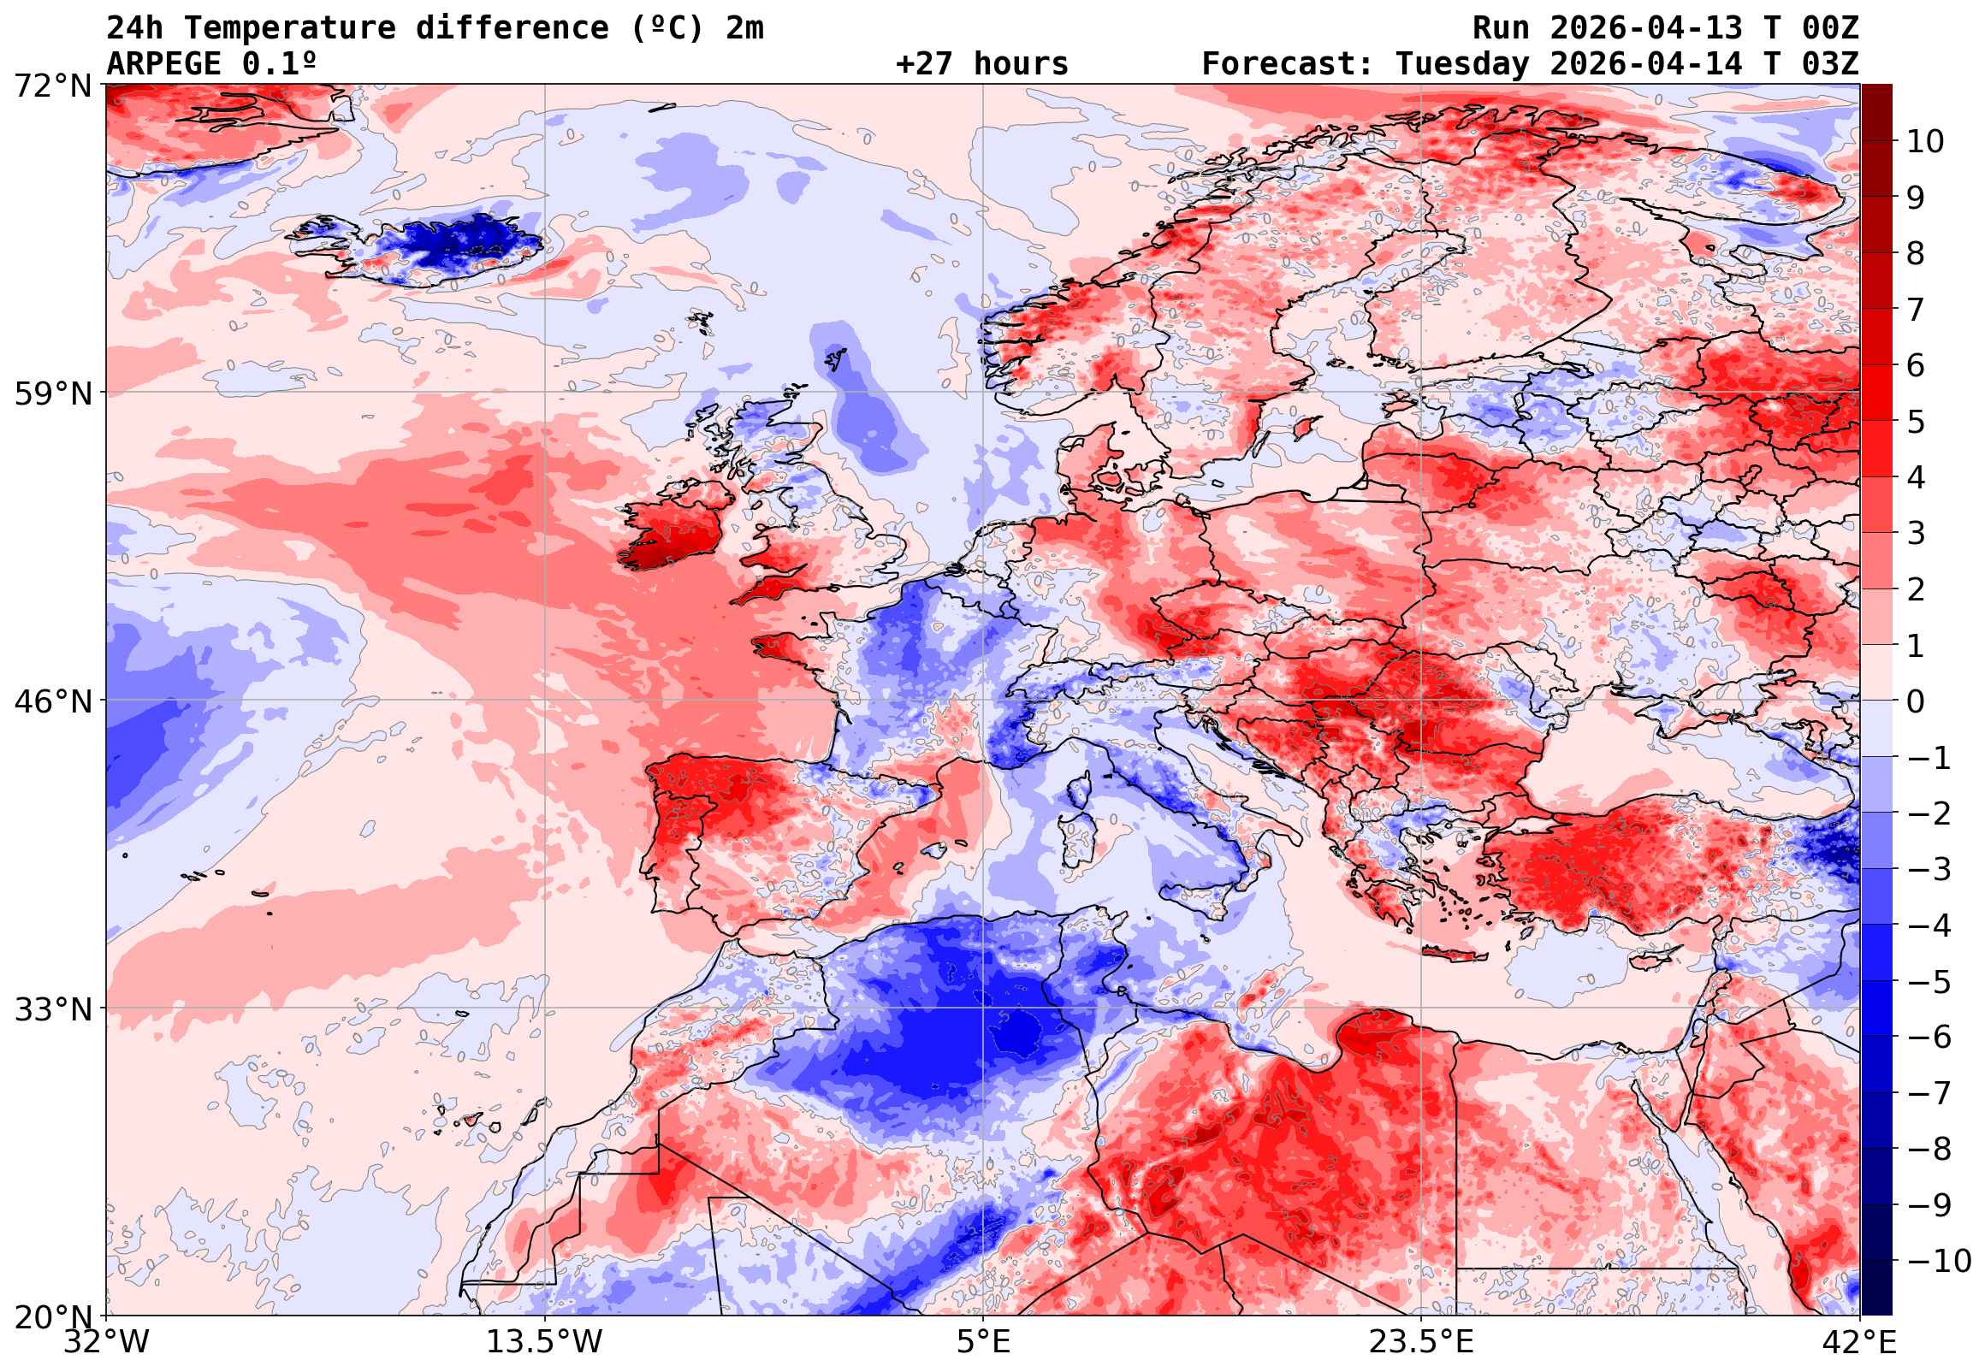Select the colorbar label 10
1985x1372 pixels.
pos(1925,142)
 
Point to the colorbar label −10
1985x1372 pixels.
pos(1939,1261)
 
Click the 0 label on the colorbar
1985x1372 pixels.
pos(1917,701)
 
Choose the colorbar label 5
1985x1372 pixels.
pos(1917,422)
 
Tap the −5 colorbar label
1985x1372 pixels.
pos(1929,982)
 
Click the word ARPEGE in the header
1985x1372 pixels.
pos(164,64)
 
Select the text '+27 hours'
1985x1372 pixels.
pos(981,64)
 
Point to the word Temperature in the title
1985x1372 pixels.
pos(289,28)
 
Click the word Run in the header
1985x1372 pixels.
pos(1501,28)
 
